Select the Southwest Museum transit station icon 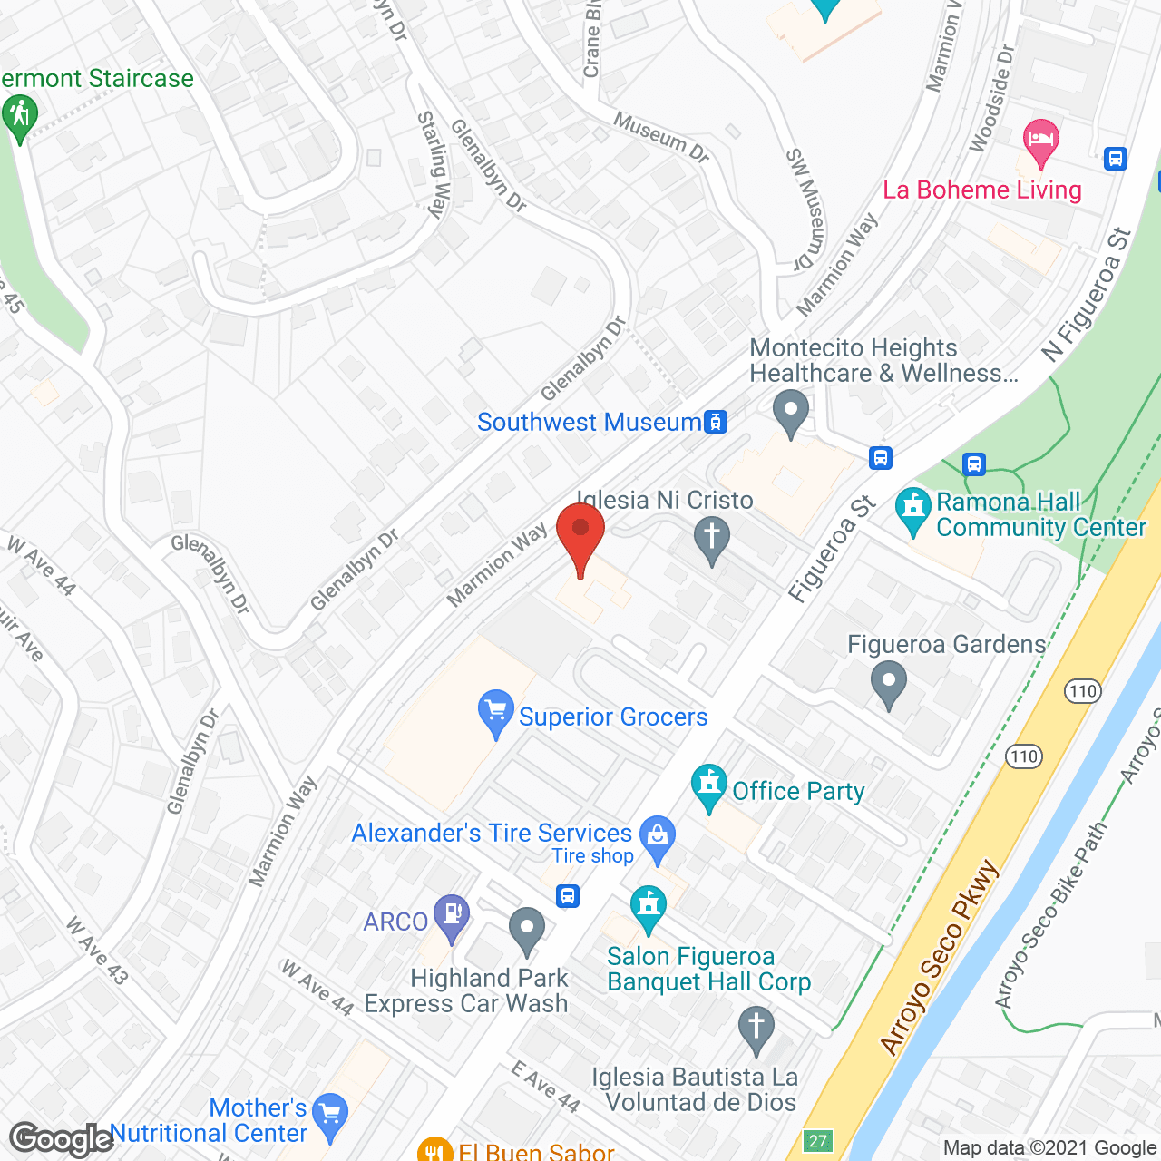[716, 422]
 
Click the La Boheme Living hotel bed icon [1040, 142]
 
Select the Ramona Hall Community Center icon [912, 511]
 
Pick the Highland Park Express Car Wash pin [526, 930]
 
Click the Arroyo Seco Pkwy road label [940, 958]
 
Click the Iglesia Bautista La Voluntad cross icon [756, 1029]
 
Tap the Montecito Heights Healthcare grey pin [791, 412]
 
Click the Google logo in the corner [61, 1138]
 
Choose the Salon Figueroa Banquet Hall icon [648, 908]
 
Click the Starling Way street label [434, 164]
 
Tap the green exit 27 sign [818, 1141]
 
